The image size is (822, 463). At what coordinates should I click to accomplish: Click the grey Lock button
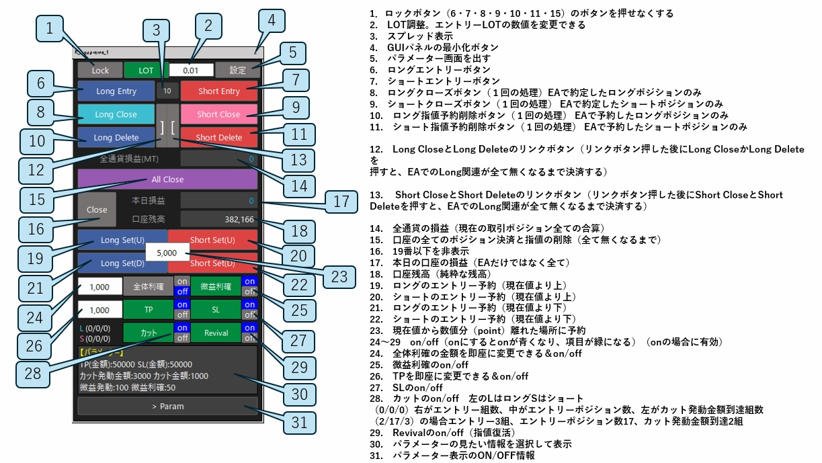(x=99, y=70)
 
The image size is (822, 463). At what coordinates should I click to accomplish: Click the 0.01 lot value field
(x=191, y=70)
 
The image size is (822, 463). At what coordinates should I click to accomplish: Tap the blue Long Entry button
(x=116, y=91)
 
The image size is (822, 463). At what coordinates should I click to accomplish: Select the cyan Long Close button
(x=116, y=114)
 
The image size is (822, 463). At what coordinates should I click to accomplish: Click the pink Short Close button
(x=219, y=114)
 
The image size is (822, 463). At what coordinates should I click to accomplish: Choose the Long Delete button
(x=116, y=138)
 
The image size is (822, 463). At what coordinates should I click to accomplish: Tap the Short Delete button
(x=219, y=138)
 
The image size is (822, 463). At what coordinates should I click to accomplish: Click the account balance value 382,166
(x=219, y=219)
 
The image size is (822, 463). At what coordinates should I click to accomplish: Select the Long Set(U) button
(x=122, y=240)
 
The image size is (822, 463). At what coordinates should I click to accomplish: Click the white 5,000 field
(x=166, y=253)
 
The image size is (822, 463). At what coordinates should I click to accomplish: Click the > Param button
(x=167, y=406)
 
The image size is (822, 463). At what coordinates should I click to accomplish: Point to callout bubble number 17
(x=342, y=202)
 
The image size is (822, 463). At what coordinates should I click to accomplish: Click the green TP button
(x=148, y=309)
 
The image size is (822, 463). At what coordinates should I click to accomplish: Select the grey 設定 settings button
(x=237, y=70)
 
